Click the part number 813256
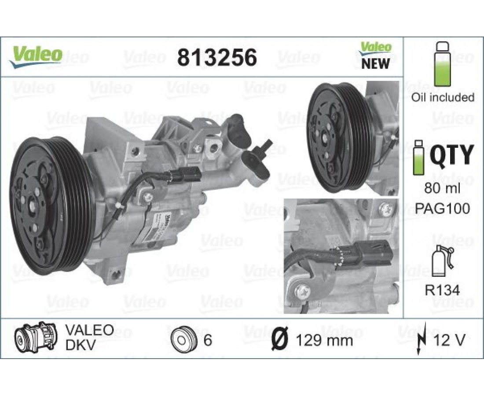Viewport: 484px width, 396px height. coord(217,57)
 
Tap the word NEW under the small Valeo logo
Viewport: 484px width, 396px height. coord(375,64)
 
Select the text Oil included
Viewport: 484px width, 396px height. coord(442,97)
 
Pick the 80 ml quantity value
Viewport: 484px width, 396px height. coord(442,188)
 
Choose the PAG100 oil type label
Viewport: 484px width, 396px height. coord(442,208)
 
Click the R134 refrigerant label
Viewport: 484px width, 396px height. coord(442,290)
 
